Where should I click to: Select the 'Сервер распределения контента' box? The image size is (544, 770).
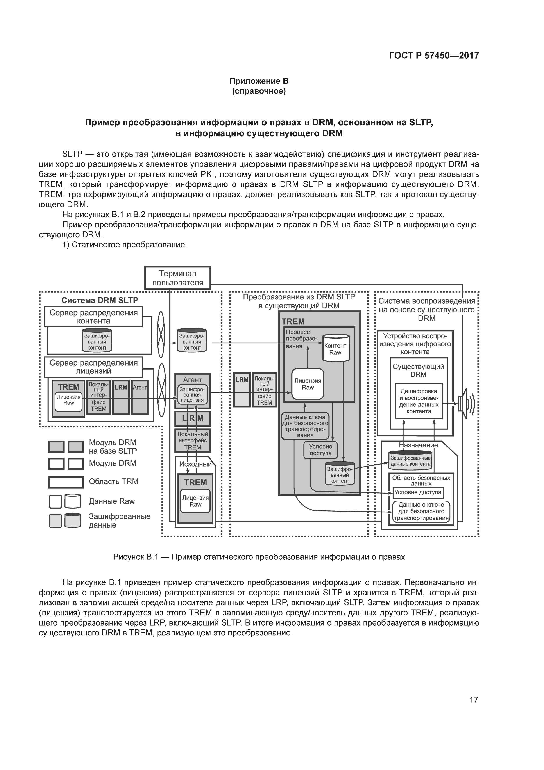[93, 317]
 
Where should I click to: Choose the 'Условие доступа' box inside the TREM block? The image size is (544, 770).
[320, 450]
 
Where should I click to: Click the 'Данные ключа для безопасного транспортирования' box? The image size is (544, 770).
[305, 426]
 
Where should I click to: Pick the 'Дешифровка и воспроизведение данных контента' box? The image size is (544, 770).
[419, 401]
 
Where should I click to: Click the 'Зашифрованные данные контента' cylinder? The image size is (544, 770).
[411, 460]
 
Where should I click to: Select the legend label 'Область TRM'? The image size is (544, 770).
[114, 481]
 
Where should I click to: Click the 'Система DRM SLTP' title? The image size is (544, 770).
[100, 300]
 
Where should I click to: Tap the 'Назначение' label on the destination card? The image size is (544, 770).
[418, 445]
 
